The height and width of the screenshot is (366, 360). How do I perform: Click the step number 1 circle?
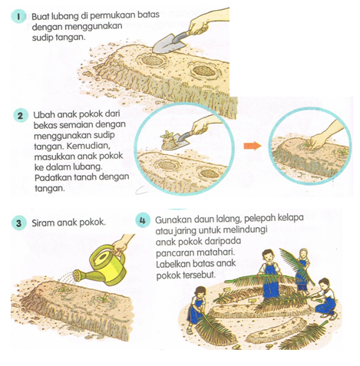[x=18, y=16]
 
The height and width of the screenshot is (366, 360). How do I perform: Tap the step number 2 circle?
[x=20, y=116]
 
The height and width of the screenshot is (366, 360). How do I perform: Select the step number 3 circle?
[x=18, y=223]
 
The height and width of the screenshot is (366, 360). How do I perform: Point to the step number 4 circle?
[x=143, y=220]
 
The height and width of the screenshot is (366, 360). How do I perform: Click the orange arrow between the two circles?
[x=253, y=146]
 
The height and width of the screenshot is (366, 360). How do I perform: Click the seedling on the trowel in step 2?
[x=167, y=134]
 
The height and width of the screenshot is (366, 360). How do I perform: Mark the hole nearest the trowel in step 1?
[x=153, y=61]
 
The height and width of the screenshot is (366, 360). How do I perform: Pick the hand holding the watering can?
[x=121, y=246]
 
